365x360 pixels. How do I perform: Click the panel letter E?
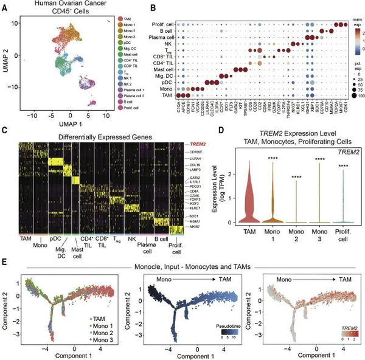pyautogui.click(x=4, y=263)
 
